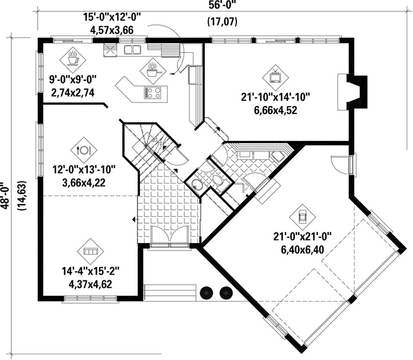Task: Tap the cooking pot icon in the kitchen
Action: click(x=153, y=71)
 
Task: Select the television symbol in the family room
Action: click(x=275, y=77)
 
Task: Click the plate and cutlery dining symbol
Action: click(x=84, y=150)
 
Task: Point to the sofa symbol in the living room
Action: click(x=91, y=252)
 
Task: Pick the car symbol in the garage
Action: click(x=302, y=217)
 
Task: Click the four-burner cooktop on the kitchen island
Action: click(x=152, y=93)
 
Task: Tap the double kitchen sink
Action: click(x=133, y=49)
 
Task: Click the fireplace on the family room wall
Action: click(x=352, y=92)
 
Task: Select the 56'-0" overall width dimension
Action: click(x=223, y=5)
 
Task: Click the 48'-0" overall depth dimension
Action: click(x=5, y=195)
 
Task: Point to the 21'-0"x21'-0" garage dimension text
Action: click(x=302, y=237)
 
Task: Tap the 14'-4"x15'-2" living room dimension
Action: click(x=91, y=271)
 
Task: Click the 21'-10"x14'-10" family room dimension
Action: click(x=275, y=97)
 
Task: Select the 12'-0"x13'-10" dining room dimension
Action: click(x=84, y=170)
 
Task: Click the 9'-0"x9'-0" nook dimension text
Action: click(x=73, y=80)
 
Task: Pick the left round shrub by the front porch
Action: click(x=206, y=292)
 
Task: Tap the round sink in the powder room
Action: click(x=196, y=184)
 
